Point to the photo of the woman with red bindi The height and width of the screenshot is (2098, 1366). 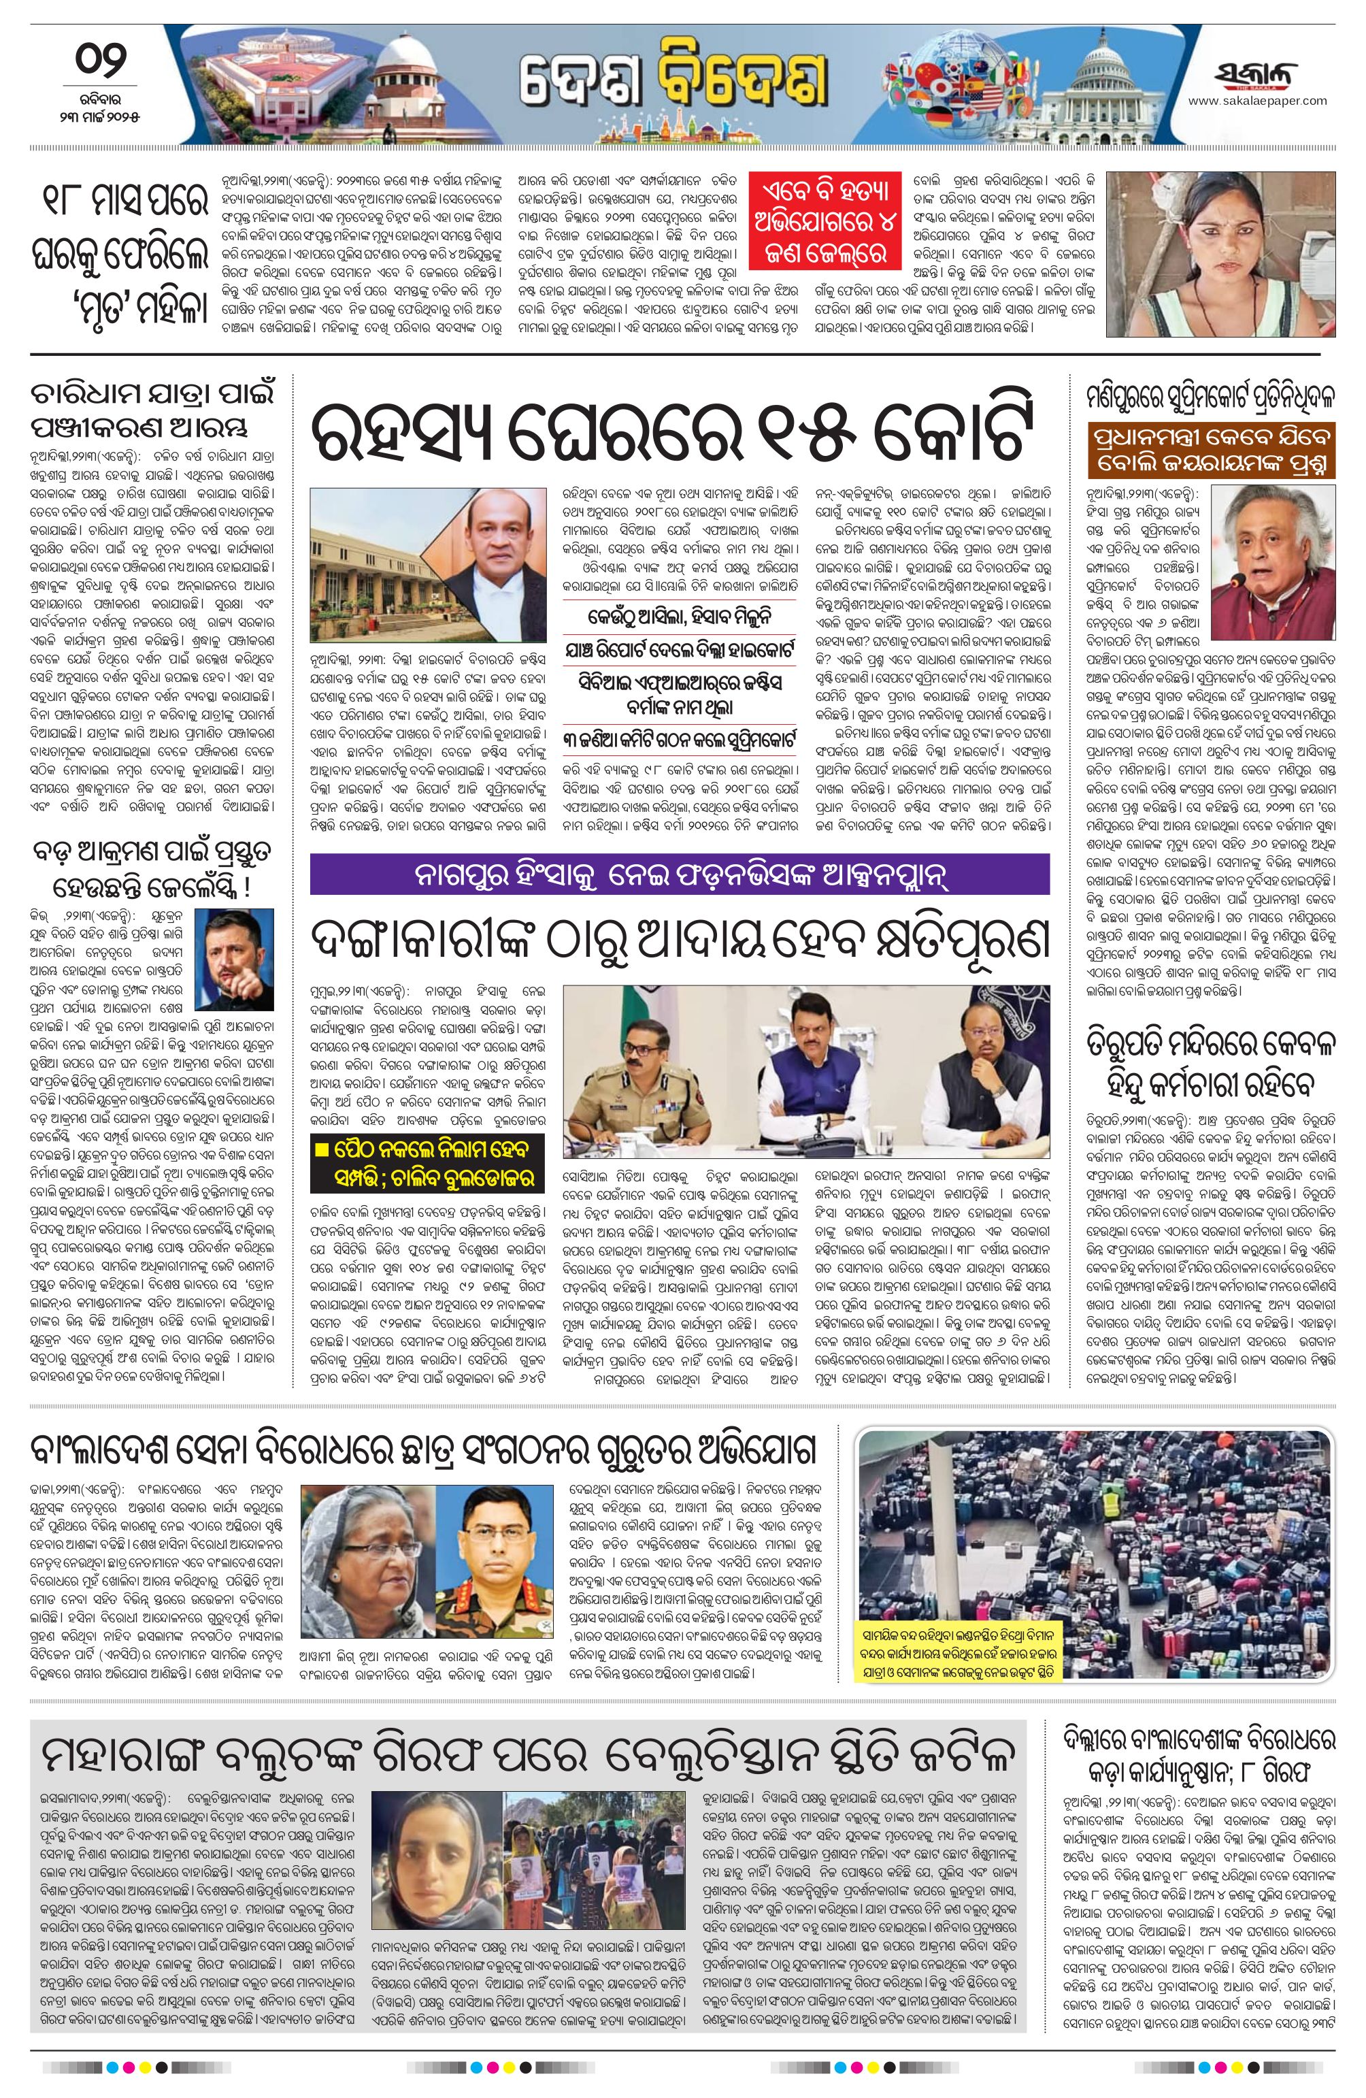1220,253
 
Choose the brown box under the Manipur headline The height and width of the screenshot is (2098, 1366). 1211,453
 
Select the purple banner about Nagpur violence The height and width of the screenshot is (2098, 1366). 679,874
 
